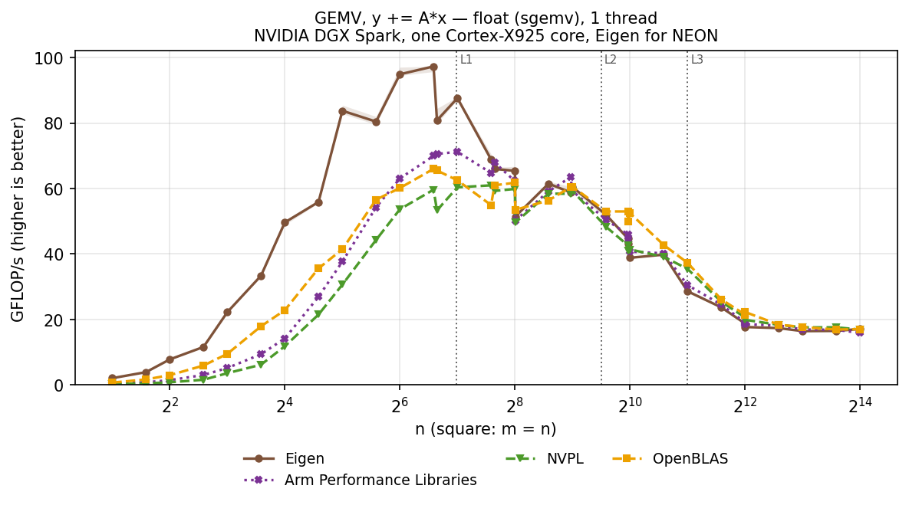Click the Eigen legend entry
point(284,459)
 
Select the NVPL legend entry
point(545,459)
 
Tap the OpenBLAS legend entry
point(670,459)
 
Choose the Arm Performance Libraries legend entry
point(360,480)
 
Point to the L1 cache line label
point(466,59)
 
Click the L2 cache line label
point(611,59)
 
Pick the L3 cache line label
point(697,59)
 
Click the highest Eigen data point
point(433,67)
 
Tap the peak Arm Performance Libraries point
point(457,152)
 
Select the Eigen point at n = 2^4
point(285,222)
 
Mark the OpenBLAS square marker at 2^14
point(860,330)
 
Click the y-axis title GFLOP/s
point(18,219)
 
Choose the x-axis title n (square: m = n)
point(486,429)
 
